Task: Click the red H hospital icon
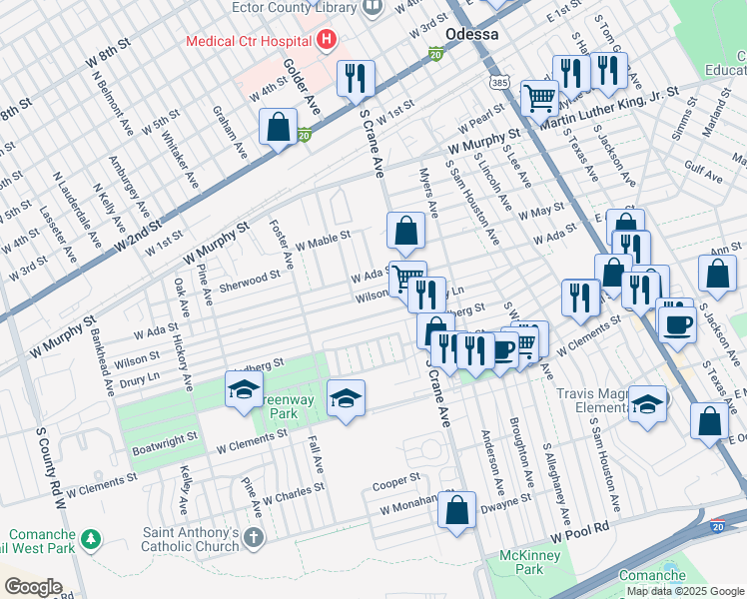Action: pos(325,41)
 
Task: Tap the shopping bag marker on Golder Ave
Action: pos(278,128)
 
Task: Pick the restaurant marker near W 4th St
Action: pos(356,79)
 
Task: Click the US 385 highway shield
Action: pos(498,80)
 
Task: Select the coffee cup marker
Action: pos(678,322)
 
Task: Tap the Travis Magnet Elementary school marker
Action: pos(647,404)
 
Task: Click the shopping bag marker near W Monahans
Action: pos(456,508)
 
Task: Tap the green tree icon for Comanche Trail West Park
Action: pos(91,539)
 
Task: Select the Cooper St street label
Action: pos(395,481)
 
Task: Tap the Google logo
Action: pos(33,586)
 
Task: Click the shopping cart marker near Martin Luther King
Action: pos(539,98)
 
